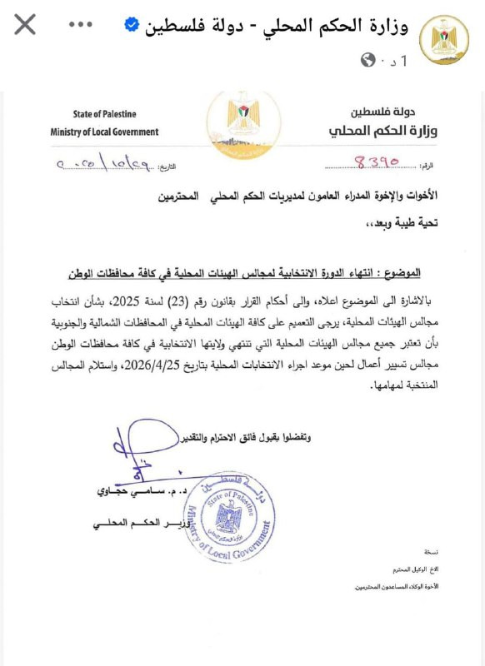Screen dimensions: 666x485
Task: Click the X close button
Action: [x=25, y=24]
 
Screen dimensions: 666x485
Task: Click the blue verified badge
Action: [x=132, y=24]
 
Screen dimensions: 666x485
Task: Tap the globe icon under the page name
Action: [x=368, y=60]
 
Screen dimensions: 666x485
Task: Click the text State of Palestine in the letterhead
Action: [x=104, y=114]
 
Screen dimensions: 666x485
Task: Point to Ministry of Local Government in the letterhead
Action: [x=104, y=132]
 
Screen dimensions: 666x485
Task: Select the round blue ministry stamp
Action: [x=227, y=516]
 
